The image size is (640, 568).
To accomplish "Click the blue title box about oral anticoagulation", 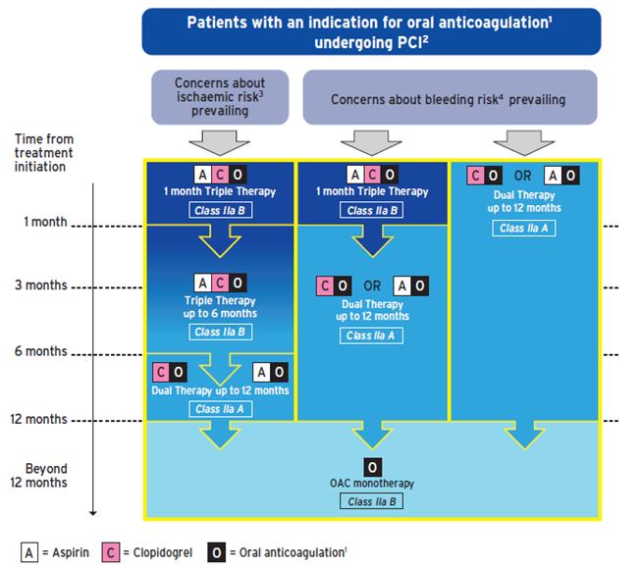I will coord(371,31).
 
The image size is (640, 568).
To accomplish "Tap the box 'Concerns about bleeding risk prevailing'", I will coord(448,99).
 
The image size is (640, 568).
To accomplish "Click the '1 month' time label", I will coord(46,222).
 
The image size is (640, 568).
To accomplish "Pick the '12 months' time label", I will coord(39,419).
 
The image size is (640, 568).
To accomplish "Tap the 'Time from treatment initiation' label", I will coord(44,153).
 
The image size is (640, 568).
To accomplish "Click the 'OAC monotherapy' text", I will coord(372,484).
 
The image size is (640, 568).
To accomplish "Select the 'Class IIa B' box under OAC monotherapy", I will coord(372,502).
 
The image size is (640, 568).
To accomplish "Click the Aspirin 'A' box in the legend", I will coord(30,552).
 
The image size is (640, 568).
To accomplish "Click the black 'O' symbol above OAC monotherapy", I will coord(372,466).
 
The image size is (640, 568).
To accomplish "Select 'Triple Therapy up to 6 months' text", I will coord(220,307).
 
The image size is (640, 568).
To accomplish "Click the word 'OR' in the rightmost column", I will coord(524,177).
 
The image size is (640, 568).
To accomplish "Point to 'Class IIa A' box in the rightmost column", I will coord(524,229).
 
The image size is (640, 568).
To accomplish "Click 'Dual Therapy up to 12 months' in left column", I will coord(220,390).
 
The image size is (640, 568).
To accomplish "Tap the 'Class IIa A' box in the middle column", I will coord(372,336).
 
